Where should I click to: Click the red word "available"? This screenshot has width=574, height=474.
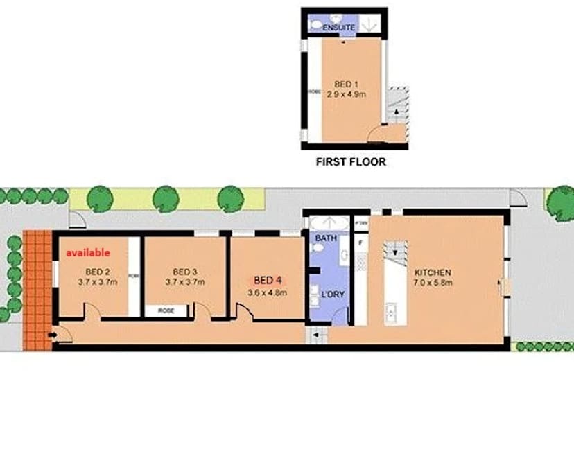click(88, 254)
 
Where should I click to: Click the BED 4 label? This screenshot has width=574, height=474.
click(268, 281)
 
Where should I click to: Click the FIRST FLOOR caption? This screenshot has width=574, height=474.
click(351, 163)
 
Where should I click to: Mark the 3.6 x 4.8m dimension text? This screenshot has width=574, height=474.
click(268, 292)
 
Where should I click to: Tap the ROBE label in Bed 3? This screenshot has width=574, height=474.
click(166, 311)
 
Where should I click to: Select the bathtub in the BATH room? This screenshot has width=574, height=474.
click(331, 223)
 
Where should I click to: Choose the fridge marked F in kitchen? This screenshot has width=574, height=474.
click(360, 244)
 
